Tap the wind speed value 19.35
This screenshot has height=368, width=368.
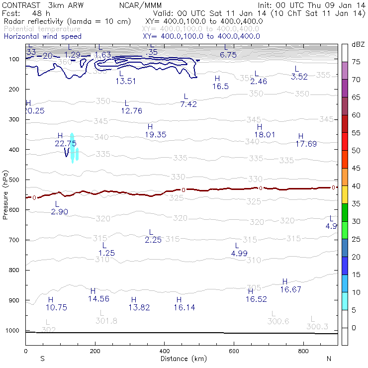coord(156,135)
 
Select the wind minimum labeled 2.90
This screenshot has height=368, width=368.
coord(59,212)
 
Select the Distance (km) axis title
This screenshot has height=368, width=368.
coord(181,359)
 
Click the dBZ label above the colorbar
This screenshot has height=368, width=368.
coord(358,44)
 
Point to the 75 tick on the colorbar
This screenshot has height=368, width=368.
coord(357,62)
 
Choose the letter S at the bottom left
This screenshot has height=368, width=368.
coord(43,359)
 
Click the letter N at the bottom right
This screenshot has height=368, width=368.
coord(329,359)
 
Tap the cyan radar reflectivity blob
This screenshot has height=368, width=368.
coord(73,148)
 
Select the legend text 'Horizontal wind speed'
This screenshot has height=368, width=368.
coord(42,36)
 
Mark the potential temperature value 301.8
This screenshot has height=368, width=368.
coord(106,321)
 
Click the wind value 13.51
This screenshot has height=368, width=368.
coord(126,82)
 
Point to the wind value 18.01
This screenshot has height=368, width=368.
coord(265,135)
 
